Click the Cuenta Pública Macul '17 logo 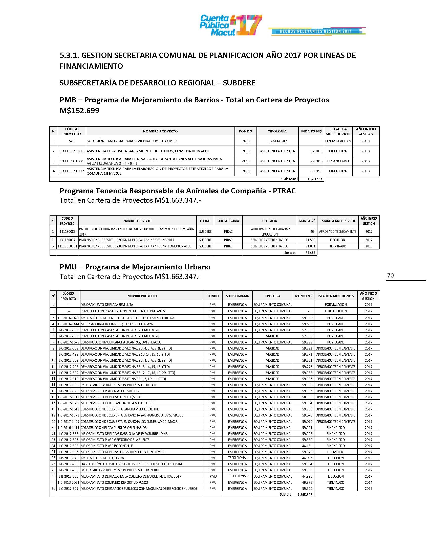[230, 25]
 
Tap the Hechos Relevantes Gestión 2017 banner [316, 31]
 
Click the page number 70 [390, 275]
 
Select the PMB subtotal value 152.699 [314, 179]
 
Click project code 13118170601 [72, 151]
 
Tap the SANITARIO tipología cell [277, 141]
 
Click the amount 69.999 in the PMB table [316, 171]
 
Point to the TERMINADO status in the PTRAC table [338, 246]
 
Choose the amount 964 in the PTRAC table [313, 231]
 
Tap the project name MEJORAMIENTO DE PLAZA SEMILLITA [107, 305]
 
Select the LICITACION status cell [335, 452]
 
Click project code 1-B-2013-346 [68, 458]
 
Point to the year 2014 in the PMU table [368, 482]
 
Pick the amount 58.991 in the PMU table [307, 397]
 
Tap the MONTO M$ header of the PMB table [311, 131]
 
